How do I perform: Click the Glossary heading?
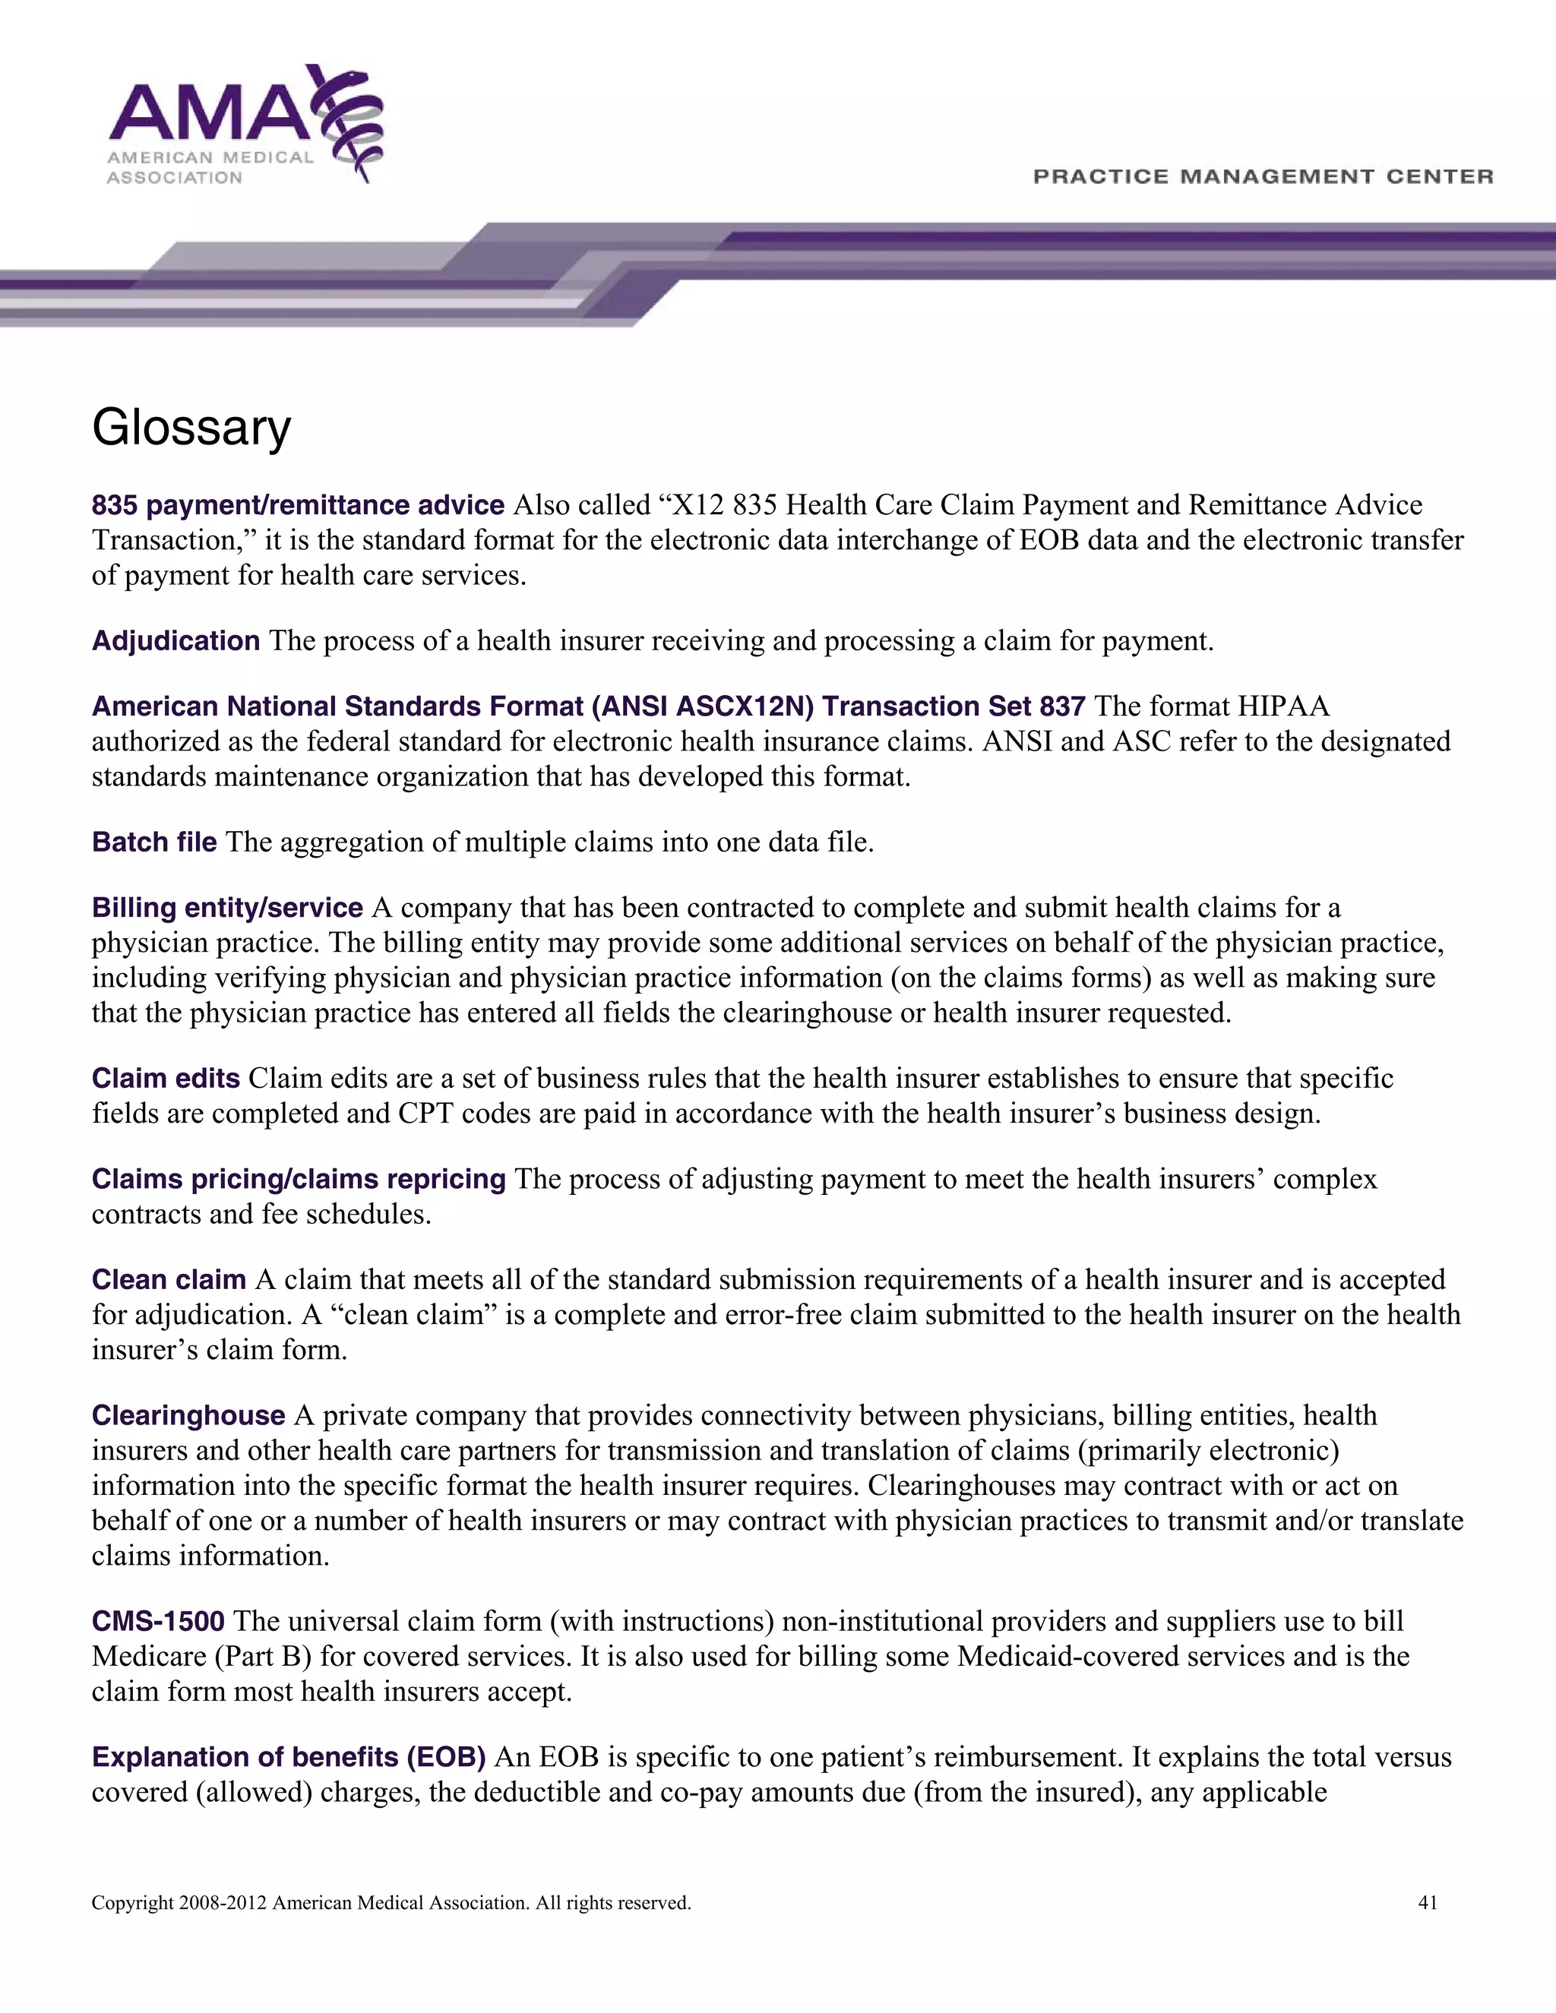pos(191,428)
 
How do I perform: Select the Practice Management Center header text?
pos(1263,176)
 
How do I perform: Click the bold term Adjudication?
pos(176,640)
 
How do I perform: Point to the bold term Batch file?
pos(154,842)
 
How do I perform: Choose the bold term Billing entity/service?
pos(226,908)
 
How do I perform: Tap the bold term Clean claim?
pos(168,1279)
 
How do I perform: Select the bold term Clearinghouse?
pos(188,1415)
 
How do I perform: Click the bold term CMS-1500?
pos(157,1620)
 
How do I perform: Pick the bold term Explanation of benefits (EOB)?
pos(289,1757)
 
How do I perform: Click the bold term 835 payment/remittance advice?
pos(298,505)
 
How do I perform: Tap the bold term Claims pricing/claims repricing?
pos(299,1179)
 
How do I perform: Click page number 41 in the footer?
pos(1427,1902)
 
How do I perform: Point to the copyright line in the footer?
pos(391,1902)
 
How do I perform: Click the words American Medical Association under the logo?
pos(210,167)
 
